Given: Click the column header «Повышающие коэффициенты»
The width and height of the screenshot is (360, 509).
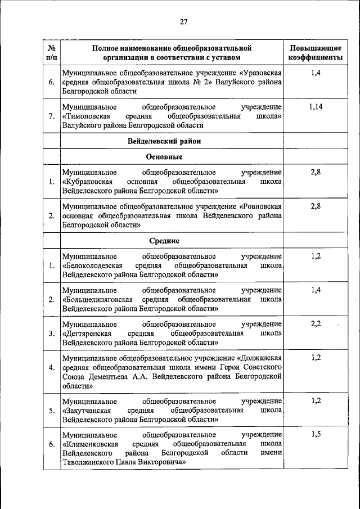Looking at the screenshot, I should pos(315,52).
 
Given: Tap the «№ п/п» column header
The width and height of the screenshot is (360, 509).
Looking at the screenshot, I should pos(51,52).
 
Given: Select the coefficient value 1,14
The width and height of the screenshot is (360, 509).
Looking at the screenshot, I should pos(315,107).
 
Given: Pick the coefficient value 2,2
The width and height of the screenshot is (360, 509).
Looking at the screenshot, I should pos(315,324).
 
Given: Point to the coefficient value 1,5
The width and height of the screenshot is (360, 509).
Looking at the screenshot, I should pos(315,435).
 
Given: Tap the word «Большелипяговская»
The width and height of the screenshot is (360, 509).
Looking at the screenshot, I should pos(98,299).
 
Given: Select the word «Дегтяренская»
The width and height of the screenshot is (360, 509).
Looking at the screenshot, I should pos(88,333).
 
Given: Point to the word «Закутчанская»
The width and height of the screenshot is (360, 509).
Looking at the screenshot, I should pos(89,410).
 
